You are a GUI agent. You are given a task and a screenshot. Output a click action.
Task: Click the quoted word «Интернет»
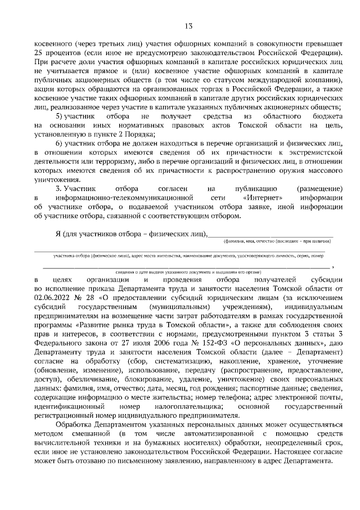[263, 198]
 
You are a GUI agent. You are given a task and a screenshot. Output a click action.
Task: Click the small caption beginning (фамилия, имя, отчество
[277, 241]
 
